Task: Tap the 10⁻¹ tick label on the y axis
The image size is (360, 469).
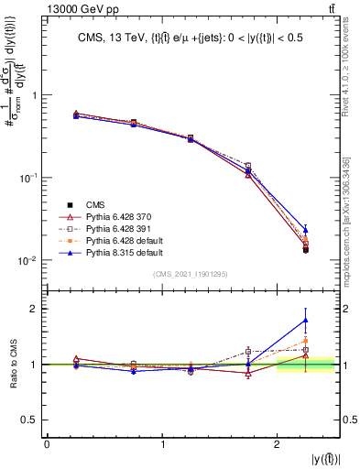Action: (29, 178)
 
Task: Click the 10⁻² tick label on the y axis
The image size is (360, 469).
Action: (29, 261)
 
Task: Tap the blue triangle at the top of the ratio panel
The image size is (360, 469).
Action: (305, 320)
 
